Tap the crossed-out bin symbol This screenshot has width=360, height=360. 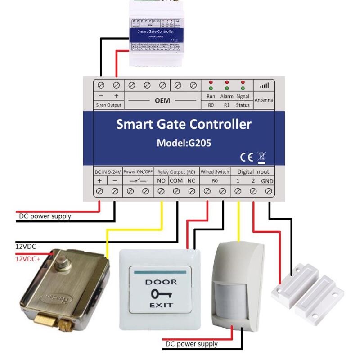tap(261, 157)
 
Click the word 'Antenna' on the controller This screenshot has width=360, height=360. tap(264, 100)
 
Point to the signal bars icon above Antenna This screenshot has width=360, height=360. tap(264, 85)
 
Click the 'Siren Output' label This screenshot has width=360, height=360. tap(108, 105)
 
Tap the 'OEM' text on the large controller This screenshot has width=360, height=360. tap(162, 100)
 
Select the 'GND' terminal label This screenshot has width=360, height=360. tap(267, 181)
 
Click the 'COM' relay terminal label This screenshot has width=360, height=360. tap(176, 181)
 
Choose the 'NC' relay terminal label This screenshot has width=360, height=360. tap(191, 181)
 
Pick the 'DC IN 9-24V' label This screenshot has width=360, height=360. tap(107, 171)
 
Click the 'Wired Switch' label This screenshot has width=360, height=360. tap(215, 171)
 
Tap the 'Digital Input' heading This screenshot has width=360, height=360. tap(253, 171)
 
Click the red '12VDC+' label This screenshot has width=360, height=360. tap(28, 259)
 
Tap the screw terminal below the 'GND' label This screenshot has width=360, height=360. tap(268, 192)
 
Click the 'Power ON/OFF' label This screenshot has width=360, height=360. tap(138, 171)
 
